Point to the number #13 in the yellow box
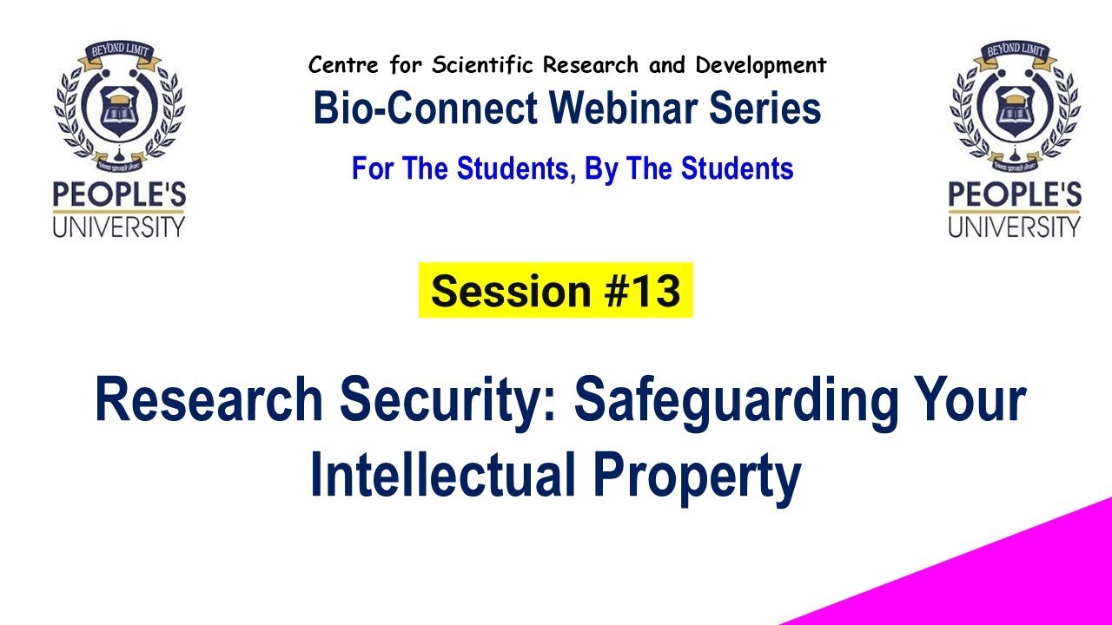pyautogui.click(x=644, y=291)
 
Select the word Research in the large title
pyautogui.click(x=208, y=402)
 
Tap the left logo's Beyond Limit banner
pyautogui.click(x=119, y=56)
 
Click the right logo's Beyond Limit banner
pyautogui.click(x=1014, y=56)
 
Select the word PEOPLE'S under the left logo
pyautogui.click(x=119, y=194)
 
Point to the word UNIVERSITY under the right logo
pyautogui.click(x=1014, y=227)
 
